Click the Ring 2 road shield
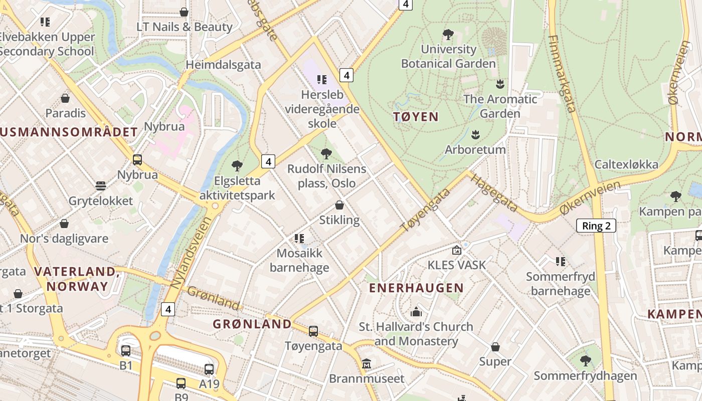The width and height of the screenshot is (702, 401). (x=596, y=226)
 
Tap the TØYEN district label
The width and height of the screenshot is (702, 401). (x=416, y=117)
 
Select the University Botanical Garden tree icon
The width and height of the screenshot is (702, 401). (x=448, y=35)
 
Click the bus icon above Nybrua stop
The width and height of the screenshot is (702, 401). (x=137, y=160)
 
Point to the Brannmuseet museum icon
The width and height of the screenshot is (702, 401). (x=367, y=363)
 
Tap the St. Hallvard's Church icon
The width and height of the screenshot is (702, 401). (x=416, y=312)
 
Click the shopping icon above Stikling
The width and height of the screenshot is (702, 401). (x=339, y=205)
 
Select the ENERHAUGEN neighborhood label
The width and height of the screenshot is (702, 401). (x=416, y=288)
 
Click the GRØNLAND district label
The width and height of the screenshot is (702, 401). (x=252, y=324)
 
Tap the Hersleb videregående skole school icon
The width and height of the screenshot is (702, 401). (x=321, y=79)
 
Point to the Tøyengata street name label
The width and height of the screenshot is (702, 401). (x=419, y=210)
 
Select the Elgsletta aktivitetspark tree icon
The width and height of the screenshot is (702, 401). (x=237, y=165)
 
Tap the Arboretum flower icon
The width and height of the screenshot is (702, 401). (x=475, y=134)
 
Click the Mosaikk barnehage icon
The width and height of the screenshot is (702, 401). (x=299, y=238)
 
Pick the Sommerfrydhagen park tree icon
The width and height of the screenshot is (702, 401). (x=585, y=360)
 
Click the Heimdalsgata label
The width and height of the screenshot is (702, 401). (x=223, y=65)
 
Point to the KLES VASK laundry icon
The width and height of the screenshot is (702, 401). (x=456, y=250)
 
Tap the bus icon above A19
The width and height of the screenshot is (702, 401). (x=209, y=369)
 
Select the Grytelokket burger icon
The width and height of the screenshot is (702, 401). (x=100, y=186)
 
